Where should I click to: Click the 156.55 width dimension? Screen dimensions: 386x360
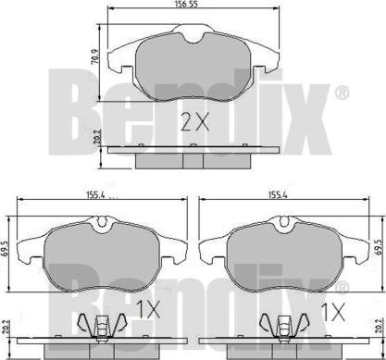coord(185,4)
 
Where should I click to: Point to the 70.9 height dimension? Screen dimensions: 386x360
coord(95,56)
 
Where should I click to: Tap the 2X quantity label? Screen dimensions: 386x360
coord(194,121)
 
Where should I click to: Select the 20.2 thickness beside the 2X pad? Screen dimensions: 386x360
coord(95,137)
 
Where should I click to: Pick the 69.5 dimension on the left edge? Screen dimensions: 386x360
coord(5,246)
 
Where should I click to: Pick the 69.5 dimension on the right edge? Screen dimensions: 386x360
coord(380,246)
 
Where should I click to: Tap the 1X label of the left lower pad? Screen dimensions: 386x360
coord(148,310)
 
